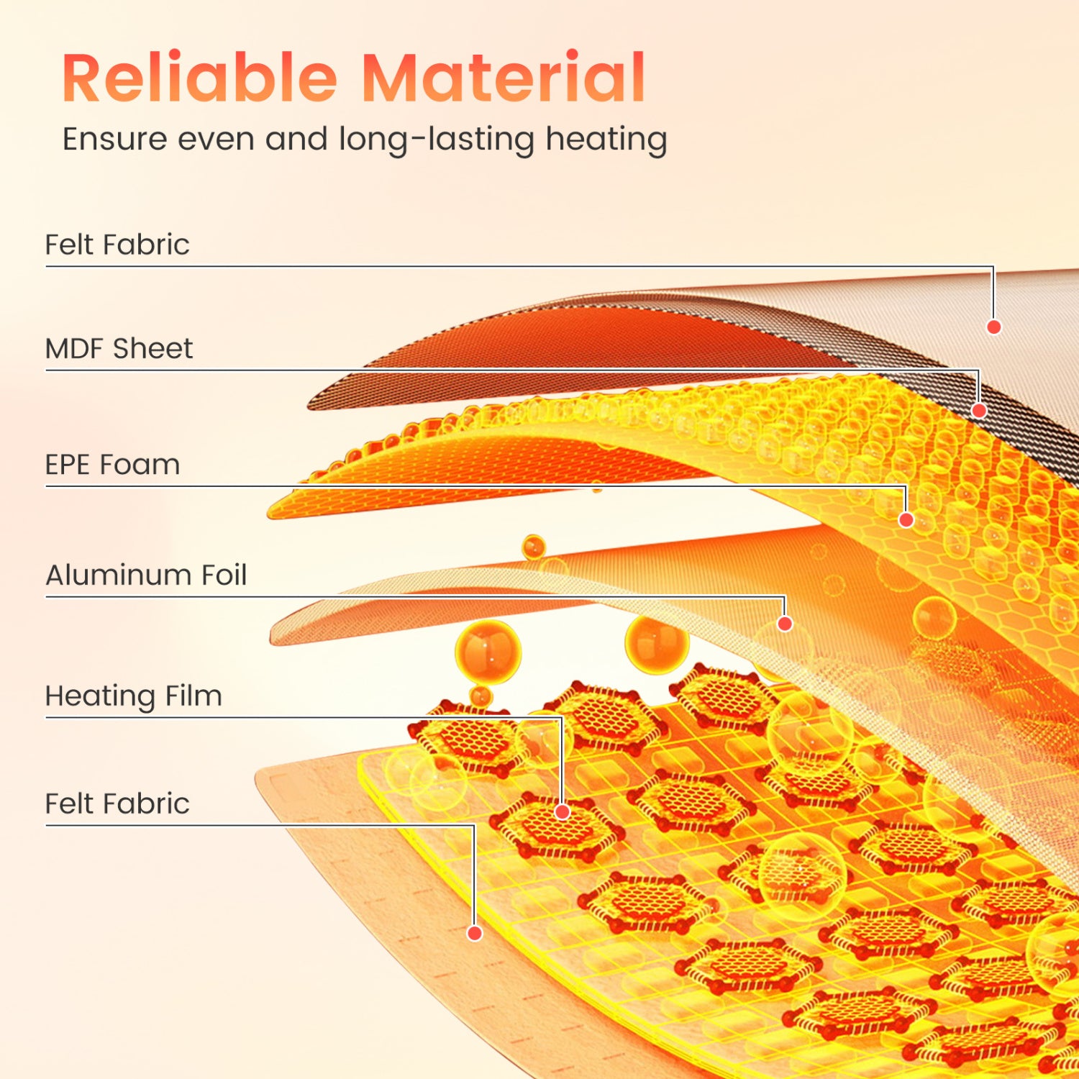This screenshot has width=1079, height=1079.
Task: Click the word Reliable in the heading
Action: (x=200, y=77)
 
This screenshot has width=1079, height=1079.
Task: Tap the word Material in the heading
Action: (x=503, y=77)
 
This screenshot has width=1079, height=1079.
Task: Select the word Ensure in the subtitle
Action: (x=115, y=139)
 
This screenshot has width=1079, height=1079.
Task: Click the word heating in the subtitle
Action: (x=606, y=140)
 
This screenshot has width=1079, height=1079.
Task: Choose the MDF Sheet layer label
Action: (x=119, y=349)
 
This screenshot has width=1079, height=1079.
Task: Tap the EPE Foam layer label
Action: (x=112, y=465)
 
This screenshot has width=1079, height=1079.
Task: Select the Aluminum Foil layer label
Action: (x=146, y=575)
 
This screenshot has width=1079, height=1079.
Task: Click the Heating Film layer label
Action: (x=134, y=696)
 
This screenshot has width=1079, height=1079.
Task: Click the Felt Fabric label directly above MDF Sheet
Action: (x=117, y=245)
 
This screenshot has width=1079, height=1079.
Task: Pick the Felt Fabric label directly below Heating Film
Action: (x=117, y=803)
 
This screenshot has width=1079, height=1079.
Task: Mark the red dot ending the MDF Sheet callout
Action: (x=978, y=411)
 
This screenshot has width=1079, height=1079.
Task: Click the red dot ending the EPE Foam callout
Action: (x=906, y=519)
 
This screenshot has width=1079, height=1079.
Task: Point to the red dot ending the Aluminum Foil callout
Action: (x=785, y=624)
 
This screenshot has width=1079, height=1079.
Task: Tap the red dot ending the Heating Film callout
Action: (x=563, y=812)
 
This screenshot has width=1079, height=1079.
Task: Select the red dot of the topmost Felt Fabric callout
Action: (x=994, y=327)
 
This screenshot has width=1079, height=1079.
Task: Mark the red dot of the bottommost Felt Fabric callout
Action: (x=475, y=933)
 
